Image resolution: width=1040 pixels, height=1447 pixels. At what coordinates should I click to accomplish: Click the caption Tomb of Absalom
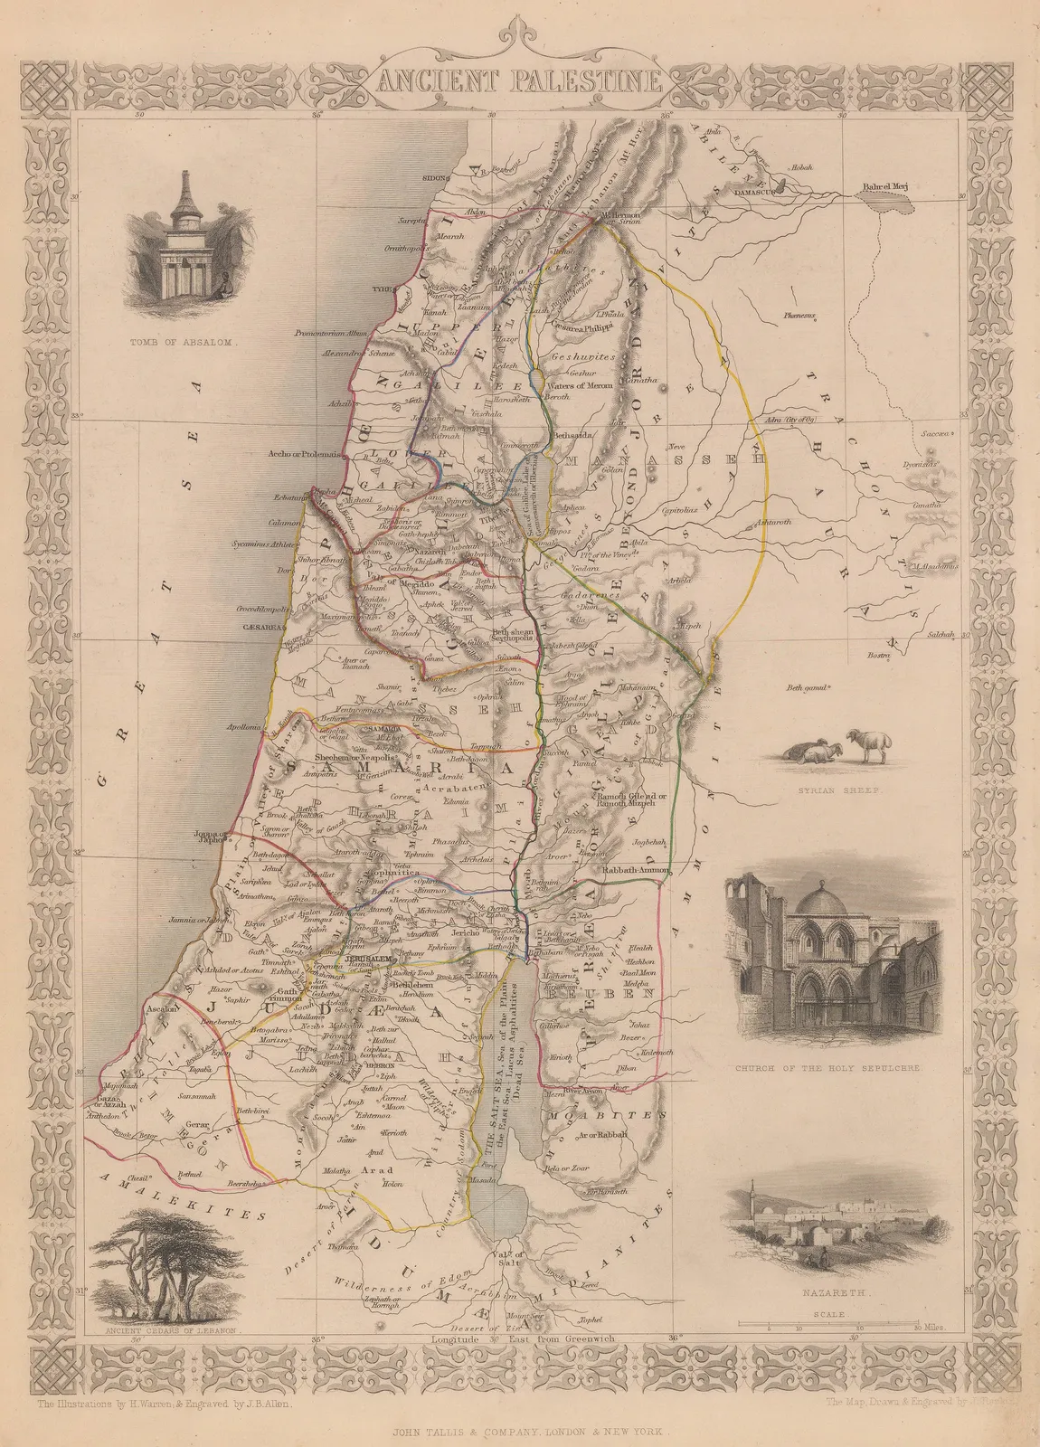[x=184, y=343]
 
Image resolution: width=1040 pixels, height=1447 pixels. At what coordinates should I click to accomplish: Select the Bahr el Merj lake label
[x=884, y=188]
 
